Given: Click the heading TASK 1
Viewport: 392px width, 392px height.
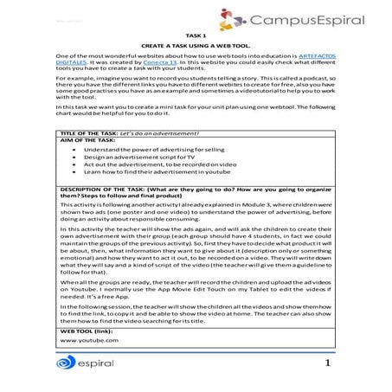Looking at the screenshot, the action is (196, 35).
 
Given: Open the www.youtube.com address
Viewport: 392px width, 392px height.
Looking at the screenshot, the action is (88, 341).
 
